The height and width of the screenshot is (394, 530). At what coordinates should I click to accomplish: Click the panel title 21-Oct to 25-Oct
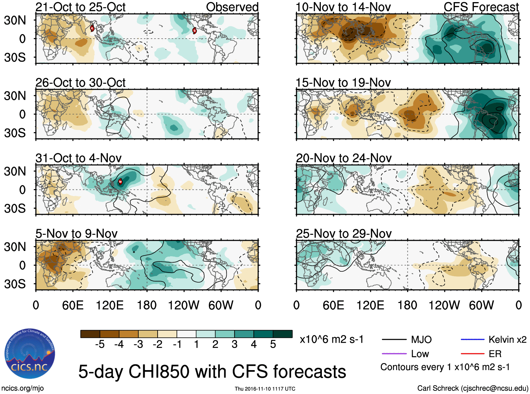(80, 7)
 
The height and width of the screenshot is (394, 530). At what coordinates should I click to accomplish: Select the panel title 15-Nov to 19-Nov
(343, 83)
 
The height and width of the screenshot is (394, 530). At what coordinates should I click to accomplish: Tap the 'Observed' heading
(232, 7)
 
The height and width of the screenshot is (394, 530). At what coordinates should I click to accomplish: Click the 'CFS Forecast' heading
(481, 7)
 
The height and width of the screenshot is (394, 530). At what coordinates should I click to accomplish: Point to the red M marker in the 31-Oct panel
(120, 182)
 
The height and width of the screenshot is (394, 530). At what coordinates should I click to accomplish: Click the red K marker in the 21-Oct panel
(92, 28)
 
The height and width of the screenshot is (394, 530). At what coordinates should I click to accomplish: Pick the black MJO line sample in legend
(394, 340)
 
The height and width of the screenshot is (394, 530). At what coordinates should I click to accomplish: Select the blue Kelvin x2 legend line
(472, 340)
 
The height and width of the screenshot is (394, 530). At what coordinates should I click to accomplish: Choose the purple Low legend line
(394, 354)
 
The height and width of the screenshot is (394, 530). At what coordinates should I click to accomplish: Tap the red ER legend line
(472, 354)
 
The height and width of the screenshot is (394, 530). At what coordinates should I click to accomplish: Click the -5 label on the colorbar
(100, 344)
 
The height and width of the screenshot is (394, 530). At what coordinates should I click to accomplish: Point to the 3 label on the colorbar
(234, 344)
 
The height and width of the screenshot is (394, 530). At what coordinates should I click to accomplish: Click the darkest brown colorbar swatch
(90, 334)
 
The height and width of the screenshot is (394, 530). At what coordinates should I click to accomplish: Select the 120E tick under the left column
(110, 305)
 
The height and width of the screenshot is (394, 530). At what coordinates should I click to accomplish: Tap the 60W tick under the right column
(481, 305)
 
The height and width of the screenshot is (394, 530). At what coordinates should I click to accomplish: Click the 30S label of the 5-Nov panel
(15, 284)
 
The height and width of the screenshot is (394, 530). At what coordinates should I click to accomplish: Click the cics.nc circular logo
(30, 354)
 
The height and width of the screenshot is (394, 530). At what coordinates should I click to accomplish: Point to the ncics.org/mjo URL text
(22, 388)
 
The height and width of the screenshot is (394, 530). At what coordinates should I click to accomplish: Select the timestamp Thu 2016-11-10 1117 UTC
(265, 389)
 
